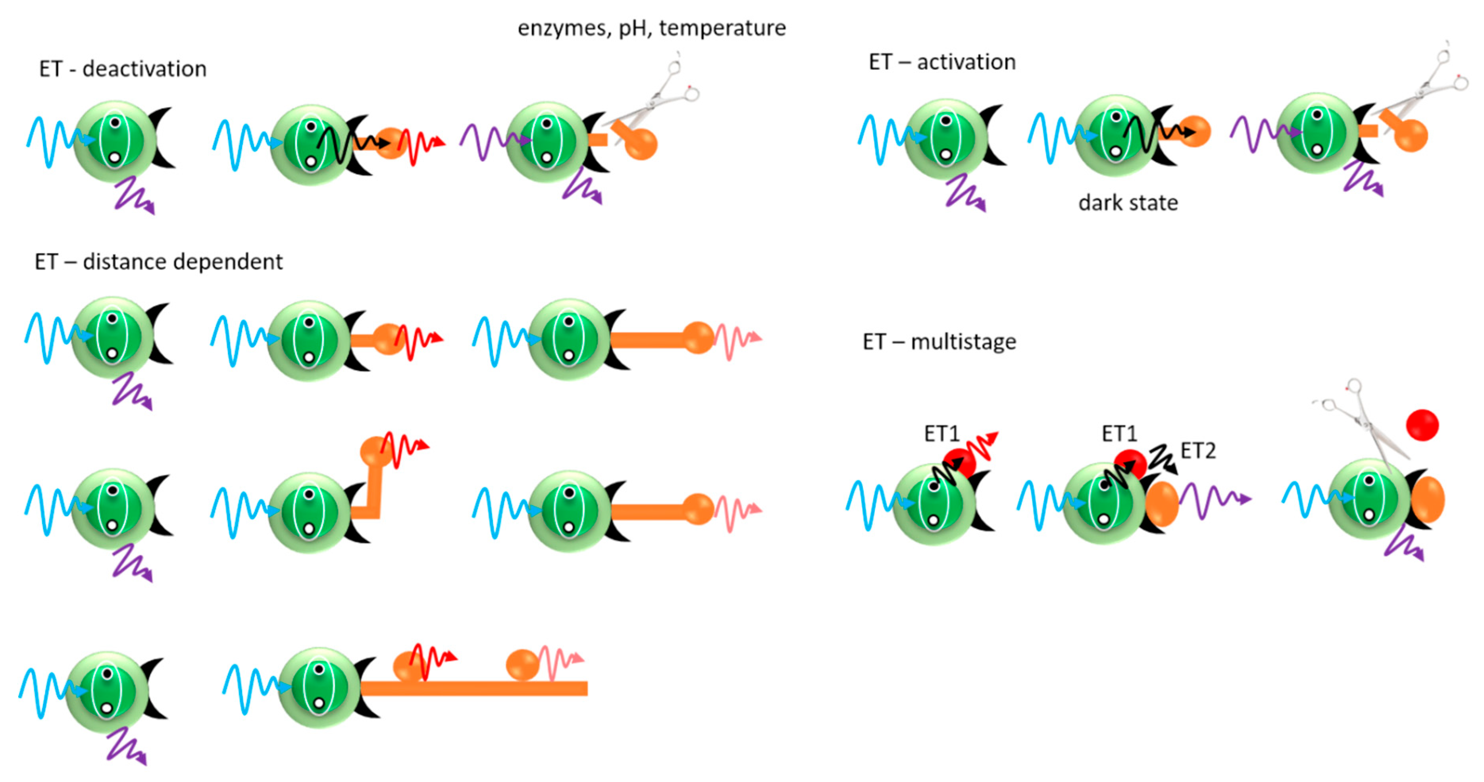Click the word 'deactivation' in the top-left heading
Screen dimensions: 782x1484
point(144,69)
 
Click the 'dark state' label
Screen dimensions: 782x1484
point(1128,203)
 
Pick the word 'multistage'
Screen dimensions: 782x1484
point(963,342)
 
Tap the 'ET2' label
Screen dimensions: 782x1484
point(1198,451)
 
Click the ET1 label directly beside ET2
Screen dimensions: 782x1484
point(1119,433)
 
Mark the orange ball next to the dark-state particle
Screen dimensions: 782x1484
point(1195,131)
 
